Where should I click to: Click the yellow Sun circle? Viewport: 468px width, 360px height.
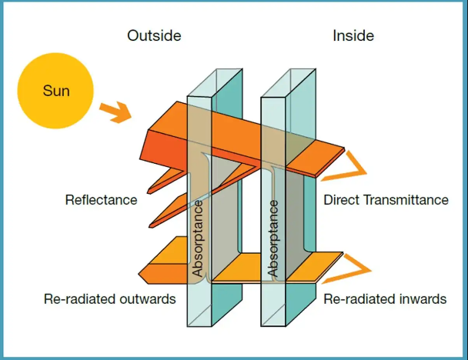click(56, 92)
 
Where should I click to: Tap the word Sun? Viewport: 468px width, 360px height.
click(56, 92)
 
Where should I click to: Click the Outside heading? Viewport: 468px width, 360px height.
click(153, 35)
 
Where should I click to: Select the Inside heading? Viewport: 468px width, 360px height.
click(353, 35)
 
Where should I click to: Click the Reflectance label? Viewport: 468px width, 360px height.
click(101, 200)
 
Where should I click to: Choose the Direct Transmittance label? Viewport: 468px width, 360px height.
click(386, 200)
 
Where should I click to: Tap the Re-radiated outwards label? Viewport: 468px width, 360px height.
click(109, 298)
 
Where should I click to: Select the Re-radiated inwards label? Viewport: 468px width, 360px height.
click(385, 298)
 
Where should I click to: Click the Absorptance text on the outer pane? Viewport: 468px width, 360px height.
click(198, 238)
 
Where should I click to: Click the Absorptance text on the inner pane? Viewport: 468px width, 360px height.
click(272, 238)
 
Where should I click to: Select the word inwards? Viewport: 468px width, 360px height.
click(425, 298)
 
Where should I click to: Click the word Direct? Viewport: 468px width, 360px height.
click(342, 200)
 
